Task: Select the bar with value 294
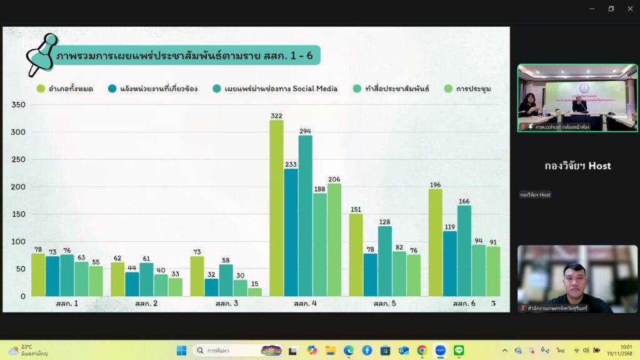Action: click(x=305, y=216)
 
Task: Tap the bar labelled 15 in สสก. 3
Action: click(x=254, y=292)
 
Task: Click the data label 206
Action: click(x=334, y=179)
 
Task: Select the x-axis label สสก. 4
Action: click(x=306, y=304)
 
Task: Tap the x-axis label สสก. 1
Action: click(x=67, y=304)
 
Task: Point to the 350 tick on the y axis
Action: click(x=18, y=104)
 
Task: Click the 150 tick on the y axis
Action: click(x=18, y=214)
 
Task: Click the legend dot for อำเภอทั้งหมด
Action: click(x=41, y=89)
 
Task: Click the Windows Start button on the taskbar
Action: click(x=181, y=350)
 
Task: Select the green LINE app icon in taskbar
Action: click(x=459, y=350)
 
